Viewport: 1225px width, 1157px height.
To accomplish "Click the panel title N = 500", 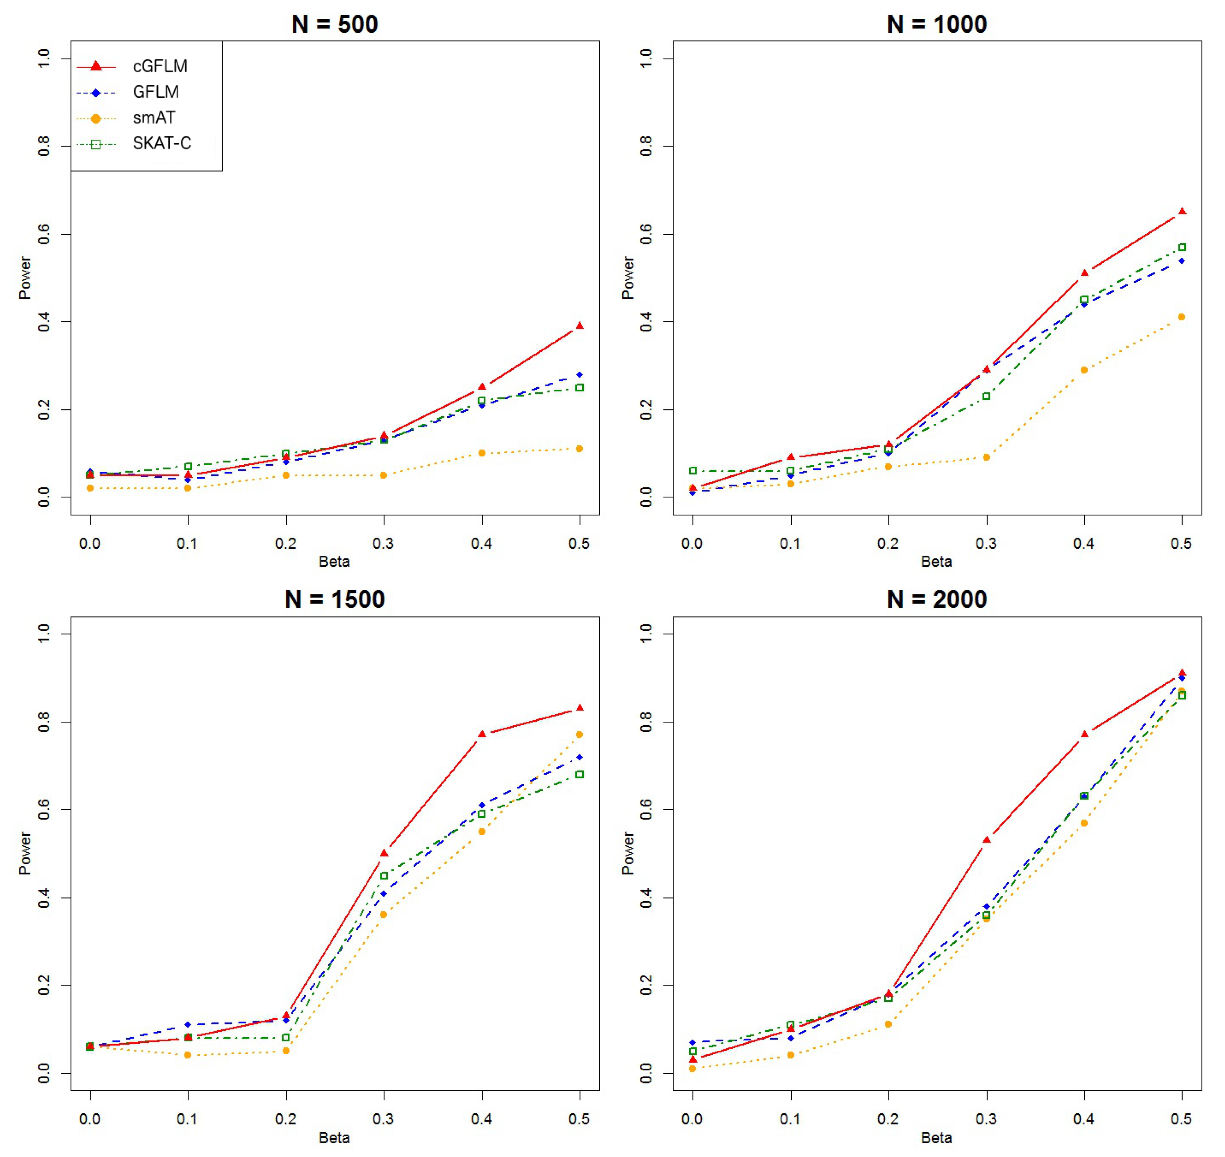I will pos(334,25).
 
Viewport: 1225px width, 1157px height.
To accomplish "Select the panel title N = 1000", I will pos(937,25).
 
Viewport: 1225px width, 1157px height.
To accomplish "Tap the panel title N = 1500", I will pos(334,600).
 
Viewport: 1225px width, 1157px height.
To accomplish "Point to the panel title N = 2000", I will pos(937,600).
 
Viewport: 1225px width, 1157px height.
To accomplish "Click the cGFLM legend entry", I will pos(159,66).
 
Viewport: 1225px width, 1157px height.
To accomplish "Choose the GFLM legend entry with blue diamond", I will pos(155,92).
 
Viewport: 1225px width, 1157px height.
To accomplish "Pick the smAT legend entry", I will pos(154,118).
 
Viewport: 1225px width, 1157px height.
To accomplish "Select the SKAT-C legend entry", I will pos(161,144).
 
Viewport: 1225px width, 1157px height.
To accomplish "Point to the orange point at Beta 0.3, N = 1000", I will pos(986,458).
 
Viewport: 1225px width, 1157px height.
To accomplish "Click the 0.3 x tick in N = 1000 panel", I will pos(986,543).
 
